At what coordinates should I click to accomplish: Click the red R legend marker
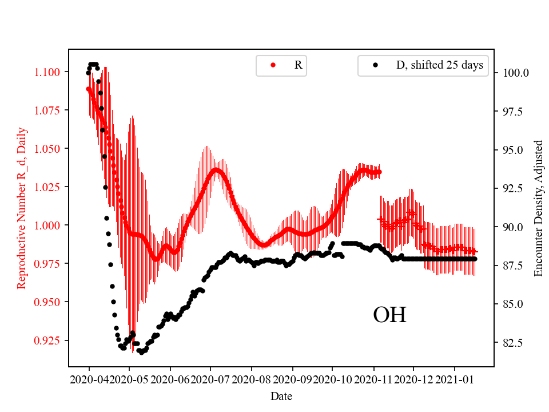[x=273, y=65]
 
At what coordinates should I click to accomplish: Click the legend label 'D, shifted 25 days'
[x=439, y=65]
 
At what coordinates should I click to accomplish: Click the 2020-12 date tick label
[x=413, y=379]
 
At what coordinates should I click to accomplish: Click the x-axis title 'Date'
[x=281, y=395]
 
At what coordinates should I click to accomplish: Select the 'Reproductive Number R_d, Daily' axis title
[x=22, y=208]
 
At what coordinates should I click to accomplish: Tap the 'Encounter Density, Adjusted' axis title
[x=538, y=208]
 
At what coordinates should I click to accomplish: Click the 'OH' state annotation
[x=389, y=315]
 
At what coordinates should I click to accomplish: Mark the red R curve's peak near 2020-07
[x=216, y=169]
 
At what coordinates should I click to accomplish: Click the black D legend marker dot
[x=375, y=65]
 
